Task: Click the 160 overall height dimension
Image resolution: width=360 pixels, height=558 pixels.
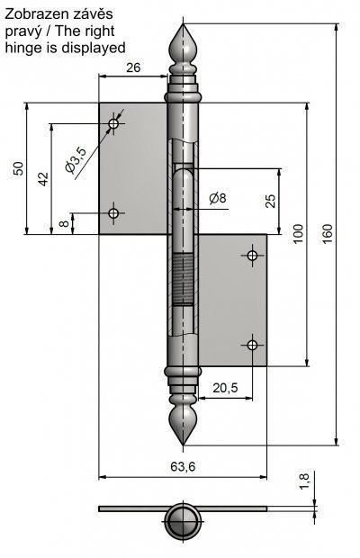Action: tap(328, 233)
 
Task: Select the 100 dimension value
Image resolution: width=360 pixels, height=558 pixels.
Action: tap(298, 233)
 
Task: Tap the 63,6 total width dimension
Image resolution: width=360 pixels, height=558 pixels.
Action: tap(183, 466)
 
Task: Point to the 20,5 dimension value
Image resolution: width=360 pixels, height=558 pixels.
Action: tap(226, 388)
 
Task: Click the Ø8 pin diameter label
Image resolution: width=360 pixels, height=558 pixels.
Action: tap(218, 198)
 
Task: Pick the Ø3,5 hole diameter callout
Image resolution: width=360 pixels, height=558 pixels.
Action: tap(76, 160)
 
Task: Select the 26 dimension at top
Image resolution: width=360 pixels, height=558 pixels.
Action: tap(133, 67)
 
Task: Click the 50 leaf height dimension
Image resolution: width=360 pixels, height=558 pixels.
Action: tap(18, 168)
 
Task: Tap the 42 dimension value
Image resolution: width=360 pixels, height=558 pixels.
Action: tap(43, 179)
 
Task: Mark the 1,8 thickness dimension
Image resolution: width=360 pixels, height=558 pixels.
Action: tap(305, 481)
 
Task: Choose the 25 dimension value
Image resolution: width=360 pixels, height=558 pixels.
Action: tap(271, 201)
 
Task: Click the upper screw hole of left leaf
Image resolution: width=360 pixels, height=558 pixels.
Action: tap(113, 124)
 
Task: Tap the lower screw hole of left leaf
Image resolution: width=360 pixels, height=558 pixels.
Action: tap(113, 213)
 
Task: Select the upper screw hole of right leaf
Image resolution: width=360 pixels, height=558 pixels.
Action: tap(252, 256)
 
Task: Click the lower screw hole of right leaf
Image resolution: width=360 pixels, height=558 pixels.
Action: tap(252, 345)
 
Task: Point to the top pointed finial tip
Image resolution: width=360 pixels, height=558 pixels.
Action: tap(184, 23)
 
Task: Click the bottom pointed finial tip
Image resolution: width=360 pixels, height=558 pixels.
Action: tap(184, 445)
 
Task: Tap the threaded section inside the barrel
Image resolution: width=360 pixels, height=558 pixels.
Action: tap(184, 279)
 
